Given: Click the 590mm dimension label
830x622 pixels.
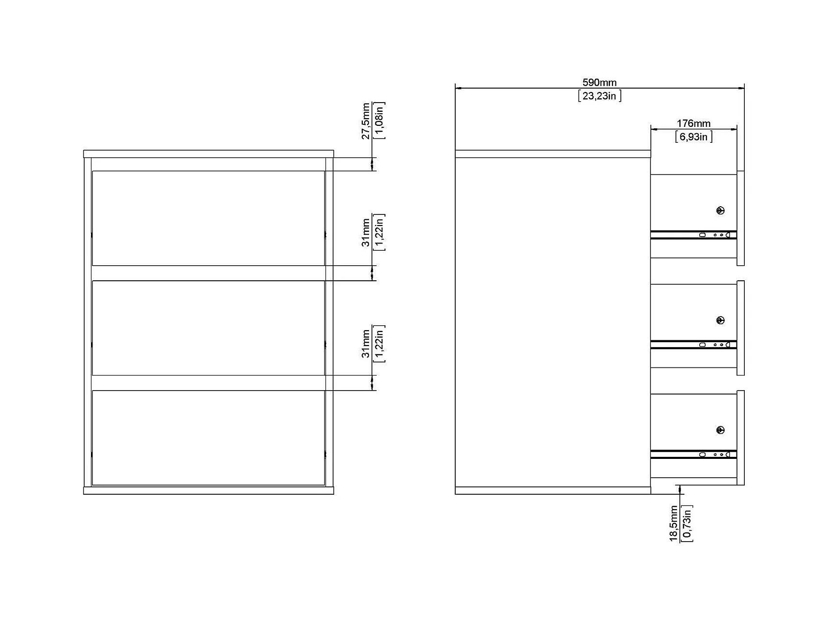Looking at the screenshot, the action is (x=599, y=83).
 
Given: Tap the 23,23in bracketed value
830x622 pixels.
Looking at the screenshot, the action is (x=599, y=96).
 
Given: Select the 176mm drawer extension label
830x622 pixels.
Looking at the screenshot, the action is (x=693, y=124).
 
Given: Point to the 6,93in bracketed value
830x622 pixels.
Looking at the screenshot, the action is (x=693, y=137).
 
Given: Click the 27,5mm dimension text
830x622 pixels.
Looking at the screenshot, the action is (x=366, y=121).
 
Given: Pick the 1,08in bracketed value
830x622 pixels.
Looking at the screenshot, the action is (x=379, y=121).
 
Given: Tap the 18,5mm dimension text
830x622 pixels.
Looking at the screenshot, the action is (x=674, y=523).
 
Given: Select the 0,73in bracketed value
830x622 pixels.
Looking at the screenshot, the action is (x=687, y=523).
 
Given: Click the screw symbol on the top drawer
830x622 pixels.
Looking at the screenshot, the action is (x=720, y=211).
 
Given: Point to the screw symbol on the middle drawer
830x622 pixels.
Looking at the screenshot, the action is (x=720, y=320).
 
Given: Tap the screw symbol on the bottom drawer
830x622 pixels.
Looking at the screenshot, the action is (x=720, y=430).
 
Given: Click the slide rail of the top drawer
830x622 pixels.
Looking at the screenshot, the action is (x=693, y=235).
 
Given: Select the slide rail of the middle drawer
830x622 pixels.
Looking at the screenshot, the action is (x=693, y=345).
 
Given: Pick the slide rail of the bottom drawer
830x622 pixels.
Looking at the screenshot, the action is (x=693, y=455).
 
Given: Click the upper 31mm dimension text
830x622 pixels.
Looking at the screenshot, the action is (x=366, y=232).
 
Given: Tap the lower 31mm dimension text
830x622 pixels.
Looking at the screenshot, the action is (x=366, y=343).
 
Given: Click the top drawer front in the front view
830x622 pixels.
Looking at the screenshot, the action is (x=208, y=218).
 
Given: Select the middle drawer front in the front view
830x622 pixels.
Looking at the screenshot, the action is (x=208, y=328).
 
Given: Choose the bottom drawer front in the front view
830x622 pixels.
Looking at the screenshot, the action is (x=208, y=438).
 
